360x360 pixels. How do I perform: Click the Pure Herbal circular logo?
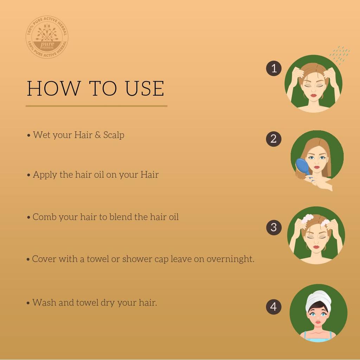coord(47,37)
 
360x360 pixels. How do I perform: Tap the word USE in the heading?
coord(144,89)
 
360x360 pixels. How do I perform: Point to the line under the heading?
coord(96,106)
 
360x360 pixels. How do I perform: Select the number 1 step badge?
coord(274,68)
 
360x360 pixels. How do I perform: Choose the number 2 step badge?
coord(274,139)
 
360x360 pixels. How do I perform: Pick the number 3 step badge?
coord(274,227)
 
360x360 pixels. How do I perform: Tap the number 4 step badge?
coord(274,307)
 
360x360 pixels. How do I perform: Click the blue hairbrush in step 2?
coord(303,167)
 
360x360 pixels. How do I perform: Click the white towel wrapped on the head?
coord(318,299)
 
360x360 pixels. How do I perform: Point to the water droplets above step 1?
coord(340,54)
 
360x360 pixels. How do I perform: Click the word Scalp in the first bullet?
coord(114,135)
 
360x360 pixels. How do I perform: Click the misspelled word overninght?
coord(230,259)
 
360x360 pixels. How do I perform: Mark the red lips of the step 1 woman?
coord(313,95)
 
